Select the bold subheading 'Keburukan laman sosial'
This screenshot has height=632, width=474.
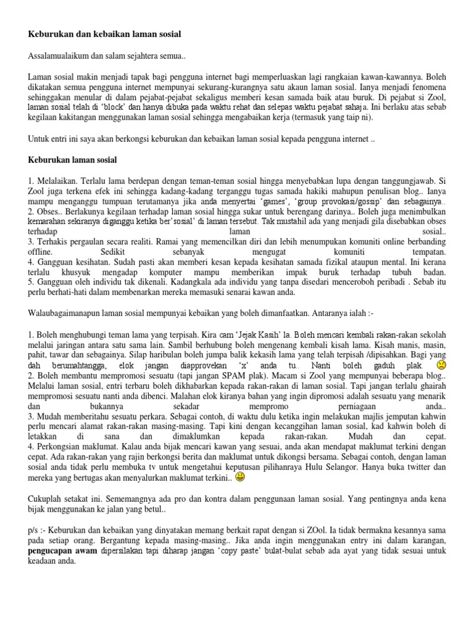click(73, 160)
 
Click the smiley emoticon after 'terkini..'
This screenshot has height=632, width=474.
click(240, 477)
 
